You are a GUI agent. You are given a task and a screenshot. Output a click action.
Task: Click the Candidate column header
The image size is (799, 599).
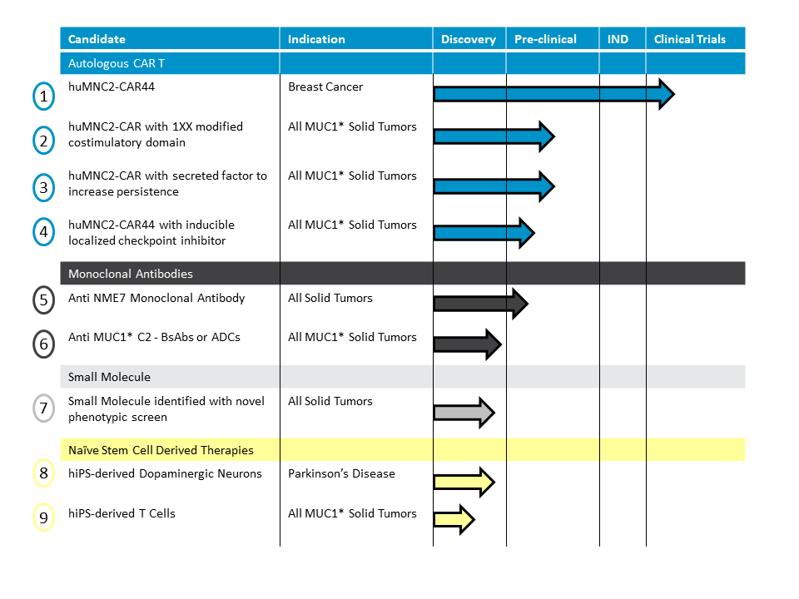click(x=97, y=39)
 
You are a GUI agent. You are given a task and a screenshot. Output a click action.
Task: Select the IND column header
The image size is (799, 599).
click(x=618, y=39)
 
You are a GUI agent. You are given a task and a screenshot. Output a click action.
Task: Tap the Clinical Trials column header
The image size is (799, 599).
click(x=689, y=39)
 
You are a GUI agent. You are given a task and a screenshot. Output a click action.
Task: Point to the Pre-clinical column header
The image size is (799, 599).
click(x=545, y=39)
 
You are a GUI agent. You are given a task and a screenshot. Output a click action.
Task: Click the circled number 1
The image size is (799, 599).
click(x=44, y=97)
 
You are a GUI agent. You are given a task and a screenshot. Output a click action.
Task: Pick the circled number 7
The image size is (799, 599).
click(x=44, y=408)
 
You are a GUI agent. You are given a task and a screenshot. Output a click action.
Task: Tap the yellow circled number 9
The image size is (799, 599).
click(x=44, y=517)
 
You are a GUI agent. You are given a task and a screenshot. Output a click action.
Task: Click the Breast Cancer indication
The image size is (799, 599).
click(x=325, y=87)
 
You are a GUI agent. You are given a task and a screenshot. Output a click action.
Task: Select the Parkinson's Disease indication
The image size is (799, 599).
click(x=341, y=473)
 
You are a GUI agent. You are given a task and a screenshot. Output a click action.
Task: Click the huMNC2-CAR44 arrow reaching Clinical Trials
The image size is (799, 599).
click(x=554, y=94)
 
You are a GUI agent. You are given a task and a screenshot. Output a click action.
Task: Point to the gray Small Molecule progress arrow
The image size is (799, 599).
click(x=464, y=412)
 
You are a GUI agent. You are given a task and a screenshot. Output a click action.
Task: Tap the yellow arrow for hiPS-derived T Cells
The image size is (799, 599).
click(x=454, y=519)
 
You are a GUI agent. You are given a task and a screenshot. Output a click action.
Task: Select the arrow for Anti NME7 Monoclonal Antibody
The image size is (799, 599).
click(x=481, y=304)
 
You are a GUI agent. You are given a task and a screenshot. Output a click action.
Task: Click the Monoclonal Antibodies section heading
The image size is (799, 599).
click(x=131, y=274)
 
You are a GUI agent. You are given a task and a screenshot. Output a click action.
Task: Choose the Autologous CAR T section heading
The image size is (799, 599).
click(x=117, y=64)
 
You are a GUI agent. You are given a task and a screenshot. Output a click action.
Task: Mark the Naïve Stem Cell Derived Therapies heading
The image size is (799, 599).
click(x=161, y=450)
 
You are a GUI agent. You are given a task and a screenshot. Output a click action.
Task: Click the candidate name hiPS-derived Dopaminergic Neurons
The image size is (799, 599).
click(x=165, y=473)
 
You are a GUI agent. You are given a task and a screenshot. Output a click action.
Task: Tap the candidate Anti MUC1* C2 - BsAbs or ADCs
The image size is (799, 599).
click(x=155, y=337)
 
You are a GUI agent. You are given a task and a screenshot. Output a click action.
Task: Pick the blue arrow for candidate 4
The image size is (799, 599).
click(x=484, y=233)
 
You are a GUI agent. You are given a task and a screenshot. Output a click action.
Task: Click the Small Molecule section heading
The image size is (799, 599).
click(x=110, y=377)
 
